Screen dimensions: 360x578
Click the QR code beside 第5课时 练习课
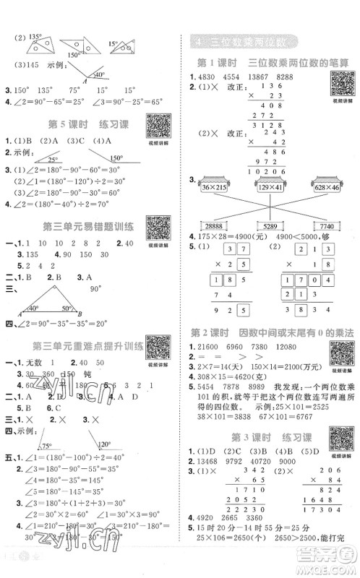tap(157, 129)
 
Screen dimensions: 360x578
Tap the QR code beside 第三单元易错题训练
tap(157, 229)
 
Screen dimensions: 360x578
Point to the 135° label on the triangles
tap(35, 35)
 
